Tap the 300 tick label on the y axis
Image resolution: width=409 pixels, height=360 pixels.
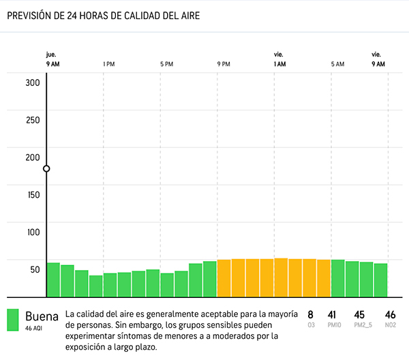pyautogui.click(x=33, y=82)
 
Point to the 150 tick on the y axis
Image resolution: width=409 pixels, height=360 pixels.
pyautogui.click(x=33, y=194)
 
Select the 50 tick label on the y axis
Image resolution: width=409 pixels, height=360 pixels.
pyautogui.click(x=35, y=269)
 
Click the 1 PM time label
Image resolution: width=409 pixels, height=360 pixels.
pyautogui.click(x=108, y=64)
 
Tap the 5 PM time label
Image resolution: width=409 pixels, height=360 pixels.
pyautogui.click(x=166, y=64)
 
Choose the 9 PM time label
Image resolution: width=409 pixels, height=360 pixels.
pyautogui.click(x=224, y=64)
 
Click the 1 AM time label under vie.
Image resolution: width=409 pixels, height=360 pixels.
pyautogui.click(x=279, y=64)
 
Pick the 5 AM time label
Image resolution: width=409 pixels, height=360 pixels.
pyautogui.click(x=337, y=64)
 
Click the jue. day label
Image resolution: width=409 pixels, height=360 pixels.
pyautogui.click(x=51, y=54)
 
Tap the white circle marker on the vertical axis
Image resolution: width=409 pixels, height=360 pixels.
pyautogui.click(x=46, y=168)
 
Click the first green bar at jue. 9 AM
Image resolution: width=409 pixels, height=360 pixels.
pyautogui.click(x=53, y=280)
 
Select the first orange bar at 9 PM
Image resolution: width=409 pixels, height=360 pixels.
pyautogui.click(x=224, y=278)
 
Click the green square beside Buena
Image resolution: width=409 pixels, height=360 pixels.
pyautogui.click(x=13, y=320)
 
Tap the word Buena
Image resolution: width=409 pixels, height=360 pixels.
pyautogui.click(x=42, y=316)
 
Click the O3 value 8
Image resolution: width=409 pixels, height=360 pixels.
pyautogui.click(x=310, y=315)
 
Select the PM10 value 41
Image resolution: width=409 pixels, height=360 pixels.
pyautogui.click(x=333, y=315)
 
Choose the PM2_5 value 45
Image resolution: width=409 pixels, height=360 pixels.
pyautogui.click(x=359, y=315)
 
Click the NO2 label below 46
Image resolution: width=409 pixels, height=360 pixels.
pyautogui.click(x=390, y=326)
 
